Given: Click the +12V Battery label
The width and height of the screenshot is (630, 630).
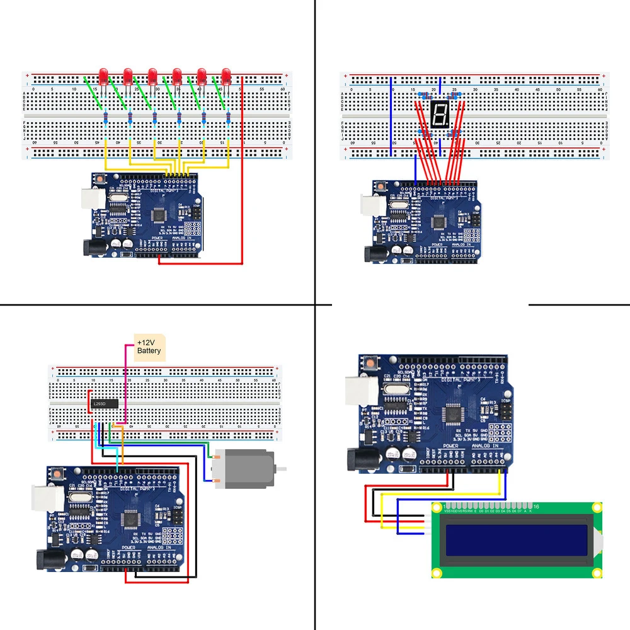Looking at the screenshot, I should pyautogui.click(x=149, y=347).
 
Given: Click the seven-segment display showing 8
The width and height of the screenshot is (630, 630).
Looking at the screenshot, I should pyautogui.click(x=439, y=114).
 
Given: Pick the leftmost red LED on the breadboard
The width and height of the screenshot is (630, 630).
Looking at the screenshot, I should pyautogui.click(x=103, y=76).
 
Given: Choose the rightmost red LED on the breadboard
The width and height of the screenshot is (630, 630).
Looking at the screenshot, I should pyautogui.click(x=226, y=76).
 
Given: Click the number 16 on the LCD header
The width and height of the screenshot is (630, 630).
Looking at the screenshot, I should pyautogui.click(x=535, y=507).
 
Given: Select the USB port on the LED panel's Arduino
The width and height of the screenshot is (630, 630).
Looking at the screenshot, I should pyautogui.click(x=92, y=198).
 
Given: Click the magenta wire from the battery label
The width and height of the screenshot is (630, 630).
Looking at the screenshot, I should pyautogui.click(x=125, y=384).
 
